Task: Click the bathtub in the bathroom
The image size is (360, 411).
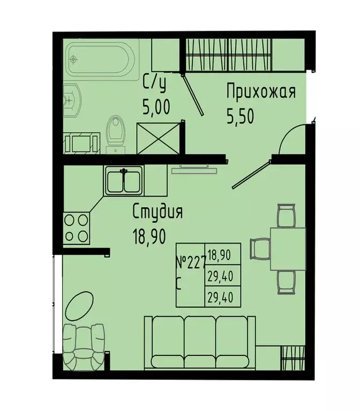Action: (102, 59)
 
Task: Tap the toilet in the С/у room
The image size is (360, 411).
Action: (116, 132)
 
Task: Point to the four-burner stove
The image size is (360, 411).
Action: (76, 227)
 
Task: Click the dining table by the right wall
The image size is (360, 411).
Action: (288, 248)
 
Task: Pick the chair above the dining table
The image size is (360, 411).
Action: (286, 215)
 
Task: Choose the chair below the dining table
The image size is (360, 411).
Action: (286, 281)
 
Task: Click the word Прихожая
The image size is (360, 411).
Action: (260, 92)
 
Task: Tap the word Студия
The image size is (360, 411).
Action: (158, 212)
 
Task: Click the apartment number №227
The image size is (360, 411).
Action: (190, 263)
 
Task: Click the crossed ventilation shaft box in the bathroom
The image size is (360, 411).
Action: (157, 138)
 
